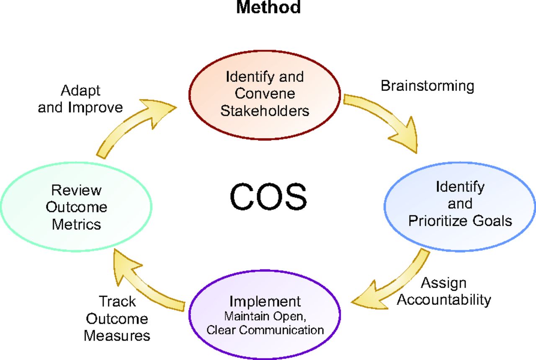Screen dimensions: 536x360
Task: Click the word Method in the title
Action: [x=268, y=7]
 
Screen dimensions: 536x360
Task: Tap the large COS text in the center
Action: [x=268, y=197]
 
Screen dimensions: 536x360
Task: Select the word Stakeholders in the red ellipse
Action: [x=265, y=111]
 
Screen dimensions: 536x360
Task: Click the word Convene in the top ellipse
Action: [x=265, y=93]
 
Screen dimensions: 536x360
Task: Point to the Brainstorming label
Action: [x=428, y=86]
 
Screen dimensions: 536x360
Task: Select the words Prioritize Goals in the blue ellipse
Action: [x=460, y=221]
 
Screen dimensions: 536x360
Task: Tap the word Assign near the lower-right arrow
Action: [x=443, y=284]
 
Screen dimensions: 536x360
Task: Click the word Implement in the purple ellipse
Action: [x=265, y=301]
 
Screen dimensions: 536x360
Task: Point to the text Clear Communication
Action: [x=265, y=330]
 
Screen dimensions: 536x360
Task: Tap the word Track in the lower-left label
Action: [x=117, y=301]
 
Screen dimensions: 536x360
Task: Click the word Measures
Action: [x=117, y=336]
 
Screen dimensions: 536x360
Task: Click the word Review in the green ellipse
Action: [x=77, y=190]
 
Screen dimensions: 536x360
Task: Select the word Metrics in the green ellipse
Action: [x=77, y=225]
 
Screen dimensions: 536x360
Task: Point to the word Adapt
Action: [x=80, y=91]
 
